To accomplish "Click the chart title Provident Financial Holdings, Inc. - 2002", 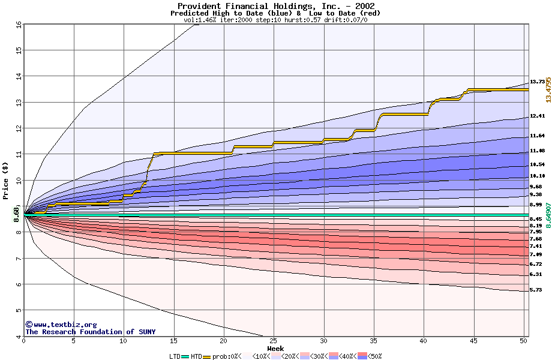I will coord(275,6).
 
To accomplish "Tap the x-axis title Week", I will coord(275,348).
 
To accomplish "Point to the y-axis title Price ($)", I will coord(6,180).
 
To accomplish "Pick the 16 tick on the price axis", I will coord(19,25).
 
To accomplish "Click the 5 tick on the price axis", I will coord(19,310).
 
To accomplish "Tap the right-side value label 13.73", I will coord(537,82).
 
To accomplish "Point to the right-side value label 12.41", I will coord(537,116).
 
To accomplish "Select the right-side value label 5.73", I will coord(536,290).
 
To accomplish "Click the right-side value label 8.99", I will coord(536,205).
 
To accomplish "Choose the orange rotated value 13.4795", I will coord(548,89).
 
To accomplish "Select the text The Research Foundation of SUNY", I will coord(90,332).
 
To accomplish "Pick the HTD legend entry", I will coord(196,356).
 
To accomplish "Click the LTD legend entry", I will coord(175,356).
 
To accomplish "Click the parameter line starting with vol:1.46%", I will coord(275,20).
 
